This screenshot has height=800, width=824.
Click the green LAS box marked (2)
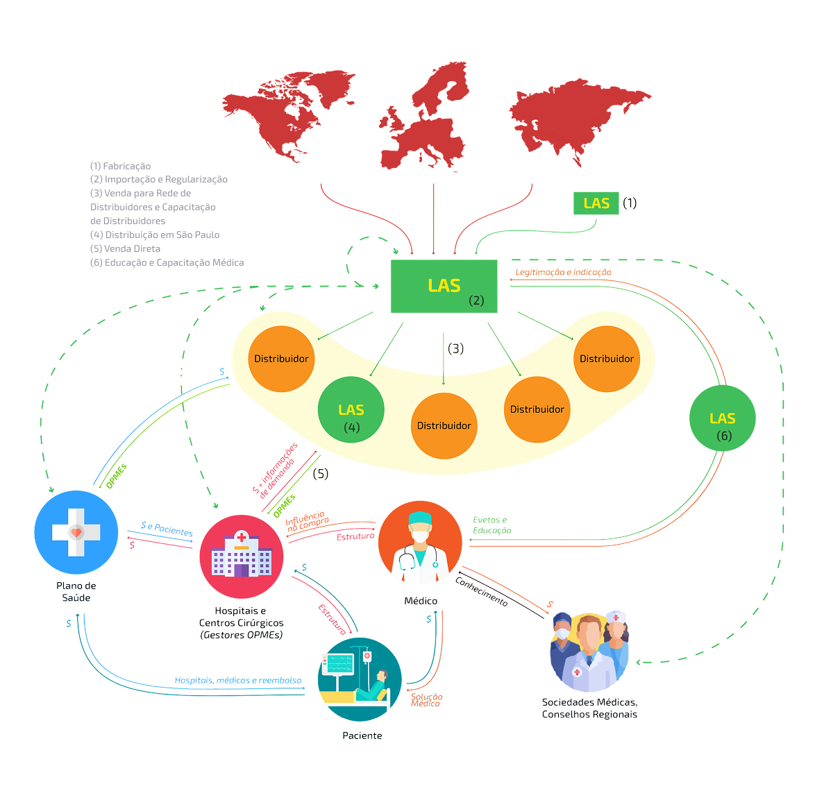[444, 287]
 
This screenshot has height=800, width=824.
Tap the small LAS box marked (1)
[596, 203]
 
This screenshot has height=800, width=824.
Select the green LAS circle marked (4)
[351, 410]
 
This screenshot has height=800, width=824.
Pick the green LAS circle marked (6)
[723, 418]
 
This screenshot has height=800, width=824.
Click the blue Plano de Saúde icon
[76, 532]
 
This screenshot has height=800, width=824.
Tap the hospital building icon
[242, 556]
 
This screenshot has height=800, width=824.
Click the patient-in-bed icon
[360, 679]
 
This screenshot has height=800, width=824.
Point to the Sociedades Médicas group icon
[589, 652]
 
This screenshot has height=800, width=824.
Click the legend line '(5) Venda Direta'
[125, 248]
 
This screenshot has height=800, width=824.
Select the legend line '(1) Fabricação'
[120, 166]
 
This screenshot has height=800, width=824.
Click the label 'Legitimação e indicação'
[564, 272]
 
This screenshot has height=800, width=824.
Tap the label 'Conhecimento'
[481, 591]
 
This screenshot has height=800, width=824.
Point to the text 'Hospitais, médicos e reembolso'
[238, 680]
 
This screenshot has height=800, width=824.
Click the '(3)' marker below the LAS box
[455, 348]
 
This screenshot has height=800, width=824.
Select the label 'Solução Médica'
[426, 699]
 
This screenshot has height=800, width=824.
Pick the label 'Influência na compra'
[307, 521]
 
